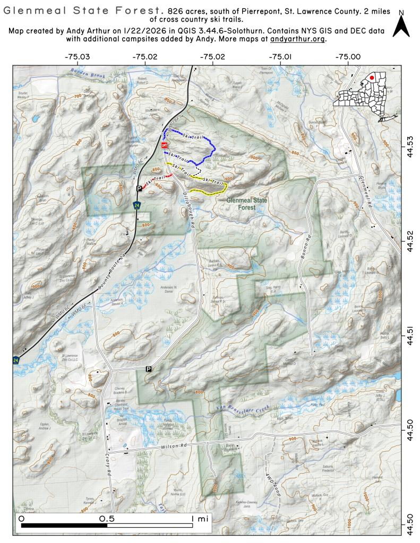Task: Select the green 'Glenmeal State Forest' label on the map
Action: click(247, 204)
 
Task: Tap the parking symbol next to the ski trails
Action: click(139, 188)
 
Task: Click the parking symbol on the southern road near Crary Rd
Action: click(149, 369)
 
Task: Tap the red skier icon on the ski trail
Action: click(165, 145)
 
